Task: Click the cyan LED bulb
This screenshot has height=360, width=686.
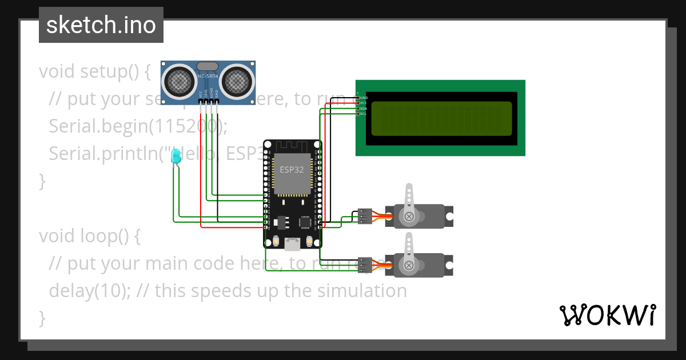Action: click(x=176, y=155)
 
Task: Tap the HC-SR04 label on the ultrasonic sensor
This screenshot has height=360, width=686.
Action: click(x=208, y=76)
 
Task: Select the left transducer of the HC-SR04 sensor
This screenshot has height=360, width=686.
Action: click(x=180, y=81)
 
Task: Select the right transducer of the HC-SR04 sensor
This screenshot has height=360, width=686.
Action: click(x=237, y=81)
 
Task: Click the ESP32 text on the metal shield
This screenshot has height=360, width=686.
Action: click(x=292, y=169)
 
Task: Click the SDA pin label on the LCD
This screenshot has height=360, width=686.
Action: click(x=363, y=109)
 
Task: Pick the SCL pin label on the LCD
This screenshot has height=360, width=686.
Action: click(x=363, y=114)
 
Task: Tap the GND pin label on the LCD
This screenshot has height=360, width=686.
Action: click(x=363, y=98)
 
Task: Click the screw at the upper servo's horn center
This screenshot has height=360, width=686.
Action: click(x=409, y=217)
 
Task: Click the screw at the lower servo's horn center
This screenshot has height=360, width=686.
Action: click(x=409, y=265)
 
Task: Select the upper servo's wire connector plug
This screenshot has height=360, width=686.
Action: click(x=365, y=216)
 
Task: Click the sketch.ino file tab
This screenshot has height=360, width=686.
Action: click(x=101, y=25)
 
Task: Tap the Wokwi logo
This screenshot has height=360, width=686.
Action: click(x=607, y=315)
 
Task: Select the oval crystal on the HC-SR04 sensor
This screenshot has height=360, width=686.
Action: click(x=208, y=67)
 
